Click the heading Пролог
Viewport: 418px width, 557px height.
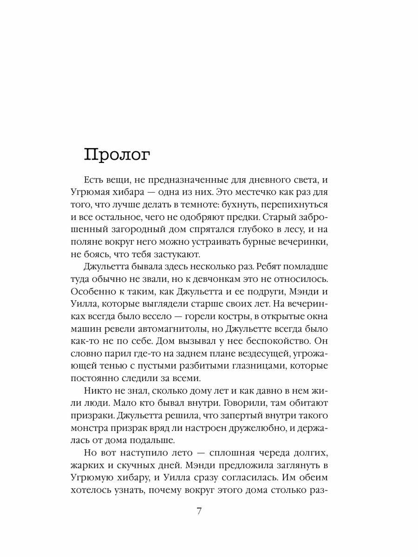(117, 155)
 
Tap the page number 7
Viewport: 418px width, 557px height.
(199, 512)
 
